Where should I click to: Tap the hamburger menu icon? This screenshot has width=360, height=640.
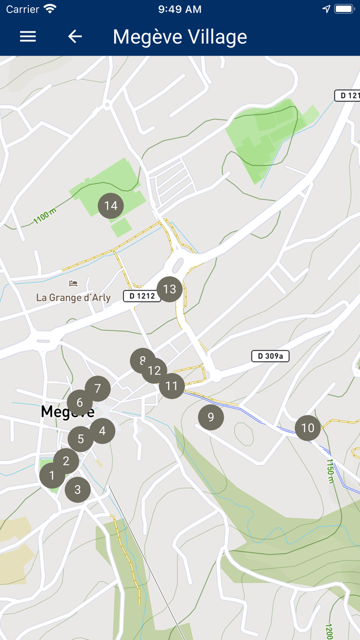(28, 37)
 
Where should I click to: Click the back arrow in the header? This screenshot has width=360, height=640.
(75, 37)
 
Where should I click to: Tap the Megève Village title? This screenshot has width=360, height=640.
(180, 37)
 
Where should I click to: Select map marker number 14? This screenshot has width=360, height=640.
(111, 206)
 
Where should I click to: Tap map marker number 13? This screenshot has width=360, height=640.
(170, 289)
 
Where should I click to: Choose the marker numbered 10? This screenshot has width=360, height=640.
(308, 428)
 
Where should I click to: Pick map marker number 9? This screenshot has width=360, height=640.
(211, 417)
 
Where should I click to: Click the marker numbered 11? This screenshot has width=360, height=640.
(172, 386)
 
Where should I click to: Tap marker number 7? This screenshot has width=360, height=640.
(98, 388)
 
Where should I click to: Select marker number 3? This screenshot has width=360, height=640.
(78, 489)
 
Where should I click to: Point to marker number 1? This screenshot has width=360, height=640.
(51, 476)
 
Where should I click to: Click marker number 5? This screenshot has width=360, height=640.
(80, 439)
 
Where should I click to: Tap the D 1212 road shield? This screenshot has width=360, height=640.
(142, 296)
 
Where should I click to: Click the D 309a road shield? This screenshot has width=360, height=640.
(270, 356)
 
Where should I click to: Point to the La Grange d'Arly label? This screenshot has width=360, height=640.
(74, 298)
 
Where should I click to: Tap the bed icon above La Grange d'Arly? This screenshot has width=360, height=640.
(73, 283)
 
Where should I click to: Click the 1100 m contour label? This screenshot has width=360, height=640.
(45, 217)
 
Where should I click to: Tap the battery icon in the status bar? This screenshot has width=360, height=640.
(344, 9)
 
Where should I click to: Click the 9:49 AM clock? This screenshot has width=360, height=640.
(180, 9)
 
